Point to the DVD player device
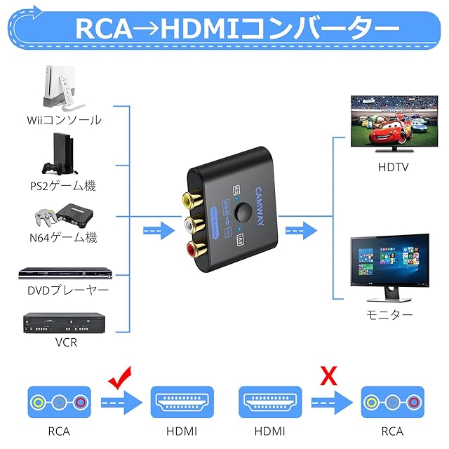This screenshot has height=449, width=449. (x=64, y=272)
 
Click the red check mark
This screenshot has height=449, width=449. (x=121, y=379)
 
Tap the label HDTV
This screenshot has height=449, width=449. (x=392, y=168)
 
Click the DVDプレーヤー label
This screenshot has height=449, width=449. (x=64, y=290)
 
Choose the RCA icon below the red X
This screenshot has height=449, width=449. (x=392, y=403)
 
